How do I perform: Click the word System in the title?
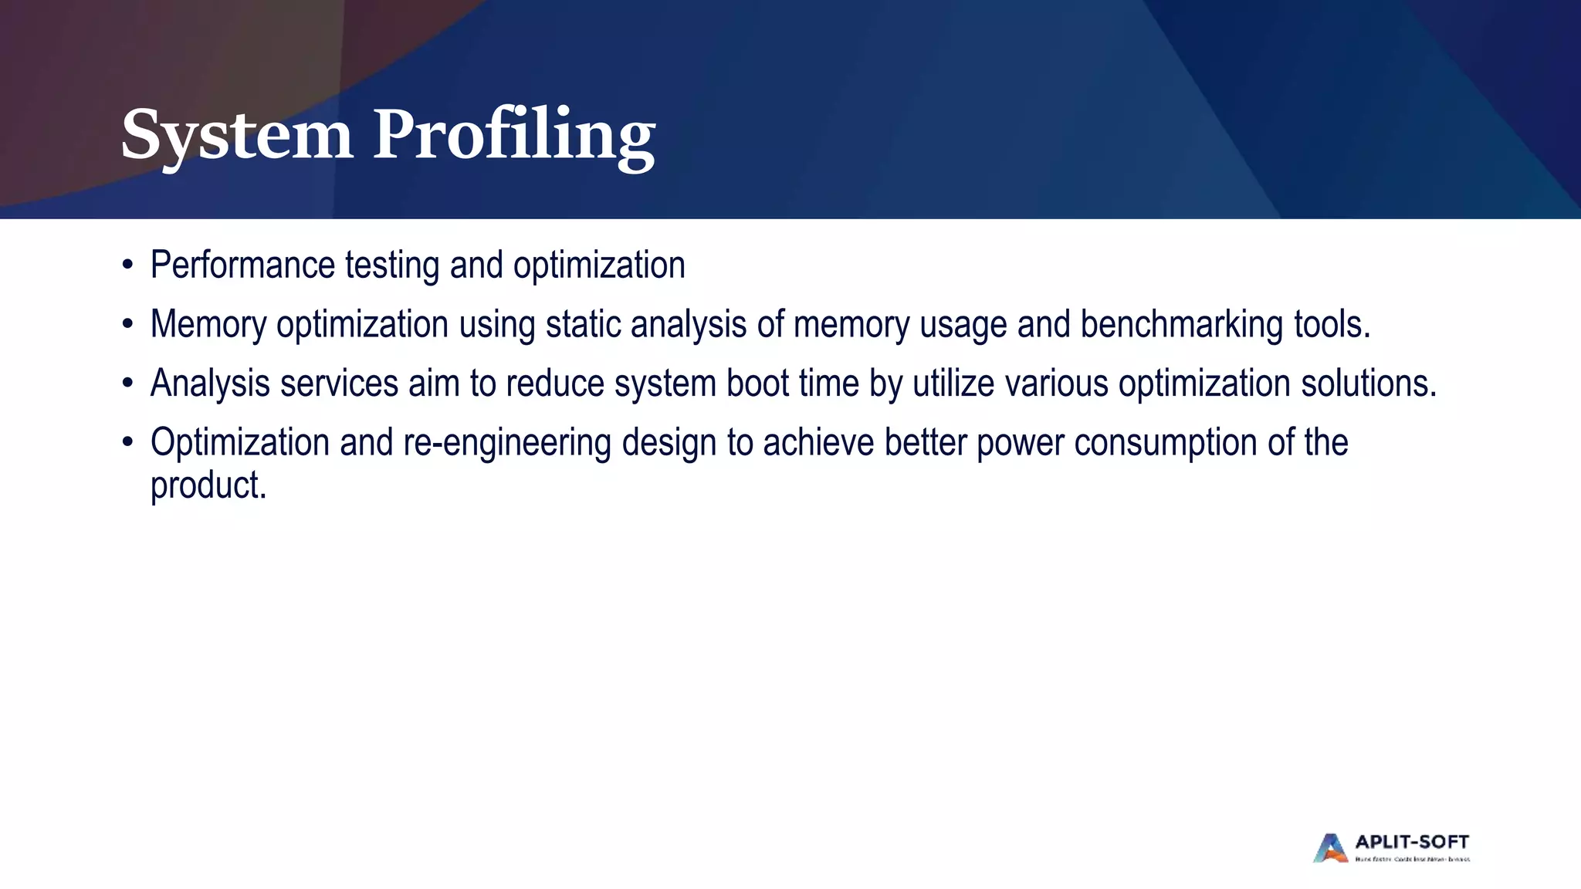tap(237, 136)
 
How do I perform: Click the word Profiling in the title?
tap(514, 136)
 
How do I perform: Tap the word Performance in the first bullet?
tap(242, 265)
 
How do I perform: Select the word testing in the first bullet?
tap(391, 265)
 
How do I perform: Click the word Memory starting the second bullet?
tap(208, 324)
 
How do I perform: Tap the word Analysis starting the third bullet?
tap(210, 384)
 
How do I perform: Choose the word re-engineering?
tap(507, 443)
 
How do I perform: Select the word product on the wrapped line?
tap(208, 486)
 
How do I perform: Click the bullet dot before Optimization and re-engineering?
tap(127, 443)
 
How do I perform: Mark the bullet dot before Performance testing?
tap(127, 265)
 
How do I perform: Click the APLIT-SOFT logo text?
tap(1412, 842)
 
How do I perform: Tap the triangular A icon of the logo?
tap(1330, 848)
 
